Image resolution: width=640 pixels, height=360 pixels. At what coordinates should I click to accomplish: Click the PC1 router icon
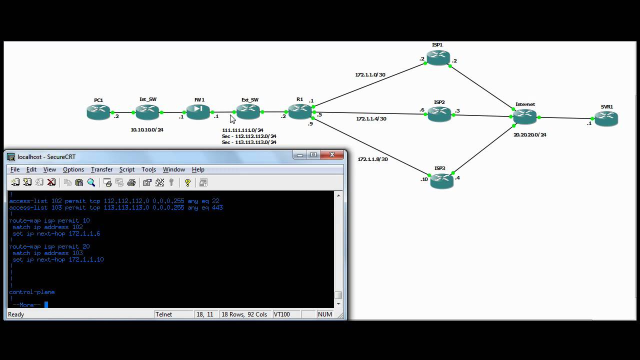click(98, 112)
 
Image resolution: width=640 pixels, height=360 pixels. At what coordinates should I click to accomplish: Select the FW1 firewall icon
click(198, 112)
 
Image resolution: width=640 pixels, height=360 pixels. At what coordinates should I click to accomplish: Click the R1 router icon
click(299, 111)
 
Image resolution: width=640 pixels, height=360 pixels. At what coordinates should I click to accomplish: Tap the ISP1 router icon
click(437, 57)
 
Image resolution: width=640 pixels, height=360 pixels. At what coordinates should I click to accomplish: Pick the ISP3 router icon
click(440, 180)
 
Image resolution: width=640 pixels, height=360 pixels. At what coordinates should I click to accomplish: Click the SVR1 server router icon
click(606, 119)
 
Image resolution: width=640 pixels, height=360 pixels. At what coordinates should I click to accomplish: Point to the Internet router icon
click(524, 116)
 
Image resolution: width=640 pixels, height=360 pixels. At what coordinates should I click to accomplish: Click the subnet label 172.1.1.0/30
click(370, 75)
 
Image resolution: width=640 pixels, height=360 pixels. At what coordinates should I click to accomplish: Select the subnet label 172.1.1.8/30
click(372, 159)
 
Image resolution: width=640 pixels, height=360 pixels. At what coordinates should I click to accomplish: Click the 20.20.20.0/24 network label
click(530, 135)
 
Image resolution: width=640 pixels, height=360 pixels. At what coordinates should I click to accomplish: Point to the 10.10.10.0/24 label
click(147, 130)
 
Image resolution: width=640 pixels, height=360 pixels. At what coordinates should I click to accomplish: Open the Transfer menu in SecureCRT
click(101, 169)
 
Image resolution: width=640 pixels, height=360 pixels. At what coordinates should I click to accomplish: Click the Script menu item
click(126, 169)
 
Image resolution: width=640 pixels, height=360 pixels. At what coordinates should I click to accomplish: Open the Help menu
click(198, 169)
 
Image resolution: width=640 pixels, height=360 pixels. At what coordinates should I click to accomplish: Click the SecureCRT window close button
click(331, 155)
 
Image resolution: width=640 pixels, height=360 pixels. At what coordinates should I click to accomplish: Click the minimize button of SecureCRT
click(300, 155)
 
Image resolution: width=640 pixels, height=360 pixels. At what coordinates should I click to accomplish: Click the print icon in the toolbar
click(131, 182)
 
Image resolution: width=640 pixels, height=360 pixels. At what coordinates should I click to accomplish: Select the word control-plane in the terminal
click(32, 292)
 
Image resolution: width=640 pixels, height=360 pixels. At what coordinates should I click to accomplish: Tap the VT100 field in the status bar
click(282, 314)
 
